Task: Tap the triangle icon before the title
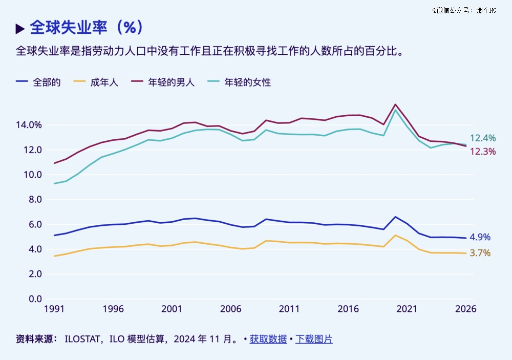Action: click(x=20, y=29)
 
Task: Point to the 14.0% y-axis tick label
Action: click(x=29, y=125)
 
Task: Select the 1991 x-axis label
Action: click(x=54, y=309)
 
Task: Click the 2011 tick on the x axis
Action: click(x=289, y=309)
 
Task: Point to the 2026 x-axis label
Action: click(x=465, y=309)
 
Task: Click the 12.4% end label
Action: click(x=483, y=138)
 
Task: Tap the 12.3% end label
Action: click(x=483, y=152)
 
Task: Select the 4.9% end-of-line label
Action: click(x=480, y=237)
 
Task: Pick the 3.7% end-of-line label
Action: click(x=480, y=253)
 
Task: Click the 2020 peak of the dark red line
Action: click(x=395, y=104)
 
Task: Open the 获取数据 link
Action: click(x=268, y=339)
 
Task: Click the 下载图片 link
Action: click(x=314, y=339)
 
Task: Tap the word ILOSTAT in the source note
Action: click(x=81, y=339)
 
